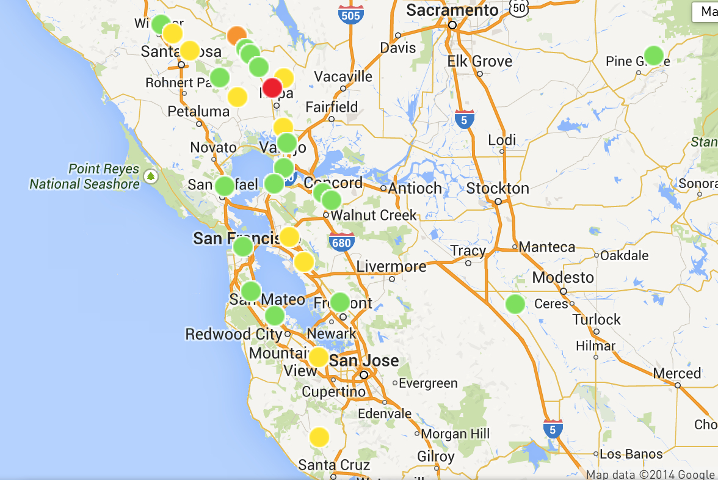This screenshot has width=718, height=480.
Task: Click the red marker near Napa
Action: click(x=272, y=87)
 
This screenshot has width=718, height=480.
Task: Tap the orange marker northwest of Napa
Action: click(x=237, y=36)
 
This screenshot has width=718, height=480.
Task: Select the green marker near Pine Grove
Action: click(x=654, y=55)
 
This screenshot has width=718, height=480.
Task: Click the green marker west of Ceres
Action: click(x=515, y=304)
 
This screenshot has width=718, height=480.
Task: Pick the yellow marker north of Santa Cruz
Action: click(x=319, y=437)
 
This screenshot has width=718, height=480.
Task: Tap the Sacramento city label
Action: click(x=452, y=10)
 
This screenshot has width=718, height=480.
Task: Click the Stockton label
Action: click(x=498, y=188)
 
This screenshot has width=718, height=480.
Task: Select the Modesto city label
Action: click(x=563, y=277)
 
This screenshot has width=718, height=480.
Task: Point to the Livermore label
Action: click(x=391, y=266)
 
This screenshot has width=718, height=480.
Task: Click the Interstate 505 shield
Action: click(x=351, y=14)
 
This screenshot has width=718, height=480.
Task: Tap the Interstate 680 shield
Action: click(x=341, y=242)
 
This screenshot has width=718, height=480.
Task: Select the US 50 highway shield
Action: click(x=520, y=7)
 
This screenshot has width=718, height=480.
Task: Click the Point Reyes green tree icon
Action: click(x=150, y=177)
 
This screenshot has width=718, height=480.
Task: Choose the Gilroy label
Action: click(x=436, y=457)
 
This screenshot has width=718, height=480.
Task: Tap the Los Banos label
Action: click(x=631, y=454)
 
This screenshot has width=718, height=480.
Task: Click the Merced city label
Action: click(x=676, y=373)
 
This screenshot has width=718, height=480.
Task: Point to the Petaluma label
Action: click(x=198, y=112)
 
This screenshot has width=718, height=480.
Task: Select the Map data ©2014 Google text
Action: click(x=650, y=475)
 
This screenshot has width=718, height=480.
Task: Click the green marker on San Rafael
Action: click(x=225, y=186)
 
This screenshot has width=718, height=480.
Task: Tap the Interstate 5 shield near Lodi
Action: click(x=465, y=119)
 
